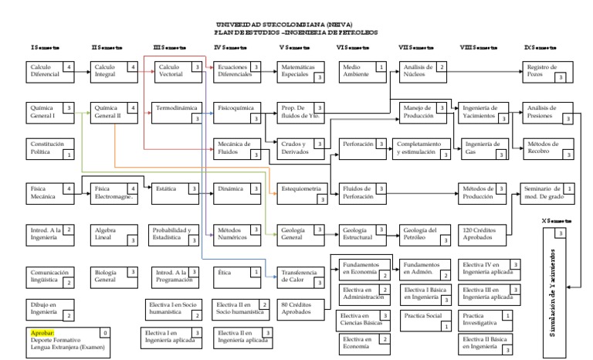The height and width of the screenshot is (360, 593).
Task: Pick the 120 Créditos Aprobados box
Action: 484,233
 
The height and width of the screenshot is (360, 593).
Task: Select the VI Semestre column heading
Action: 353,48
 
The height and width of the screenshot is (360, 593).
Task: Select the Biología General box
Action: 114,274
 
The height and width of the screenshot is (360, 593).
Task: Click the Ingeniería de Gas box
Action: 484,147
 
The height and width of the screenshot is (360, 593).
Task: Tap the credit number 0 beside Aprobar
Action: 105,332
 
